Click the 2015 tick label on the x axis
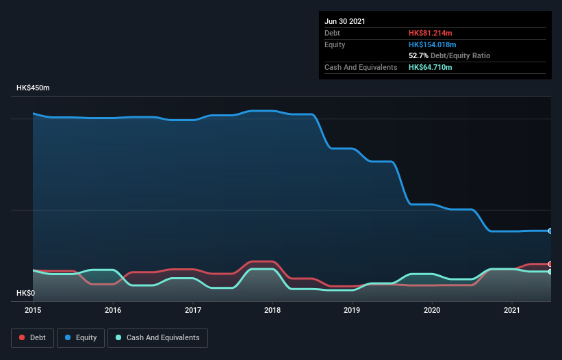(x=33, y=310)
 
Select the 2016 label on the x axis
(x=113, y=310)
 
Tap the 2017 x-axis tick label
(x=193, y=310)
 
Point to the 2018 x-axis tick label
(x=272, y=310)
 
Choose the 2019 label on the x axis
(x=353, y=310)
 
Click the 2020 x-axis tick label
(x=432, y=310)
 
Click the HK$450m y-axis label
(x=34, y=88)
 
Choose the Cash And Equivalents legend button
(x=157, y=337)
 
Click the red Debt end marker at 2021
(x=550, y=264)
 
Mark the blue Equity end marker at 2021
(x=550, y=231)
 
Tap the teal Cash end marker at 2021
(x=550, y=272)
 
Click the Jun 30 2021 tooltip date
(x=345, y=21)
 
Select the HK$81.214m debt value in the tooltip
(x=431, y=33)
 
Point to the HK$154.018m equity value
(x=433, y=44)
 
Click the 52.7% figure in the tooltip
(x=418, y=55)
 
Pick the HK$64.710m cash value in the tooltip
(x=431, y=67)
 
